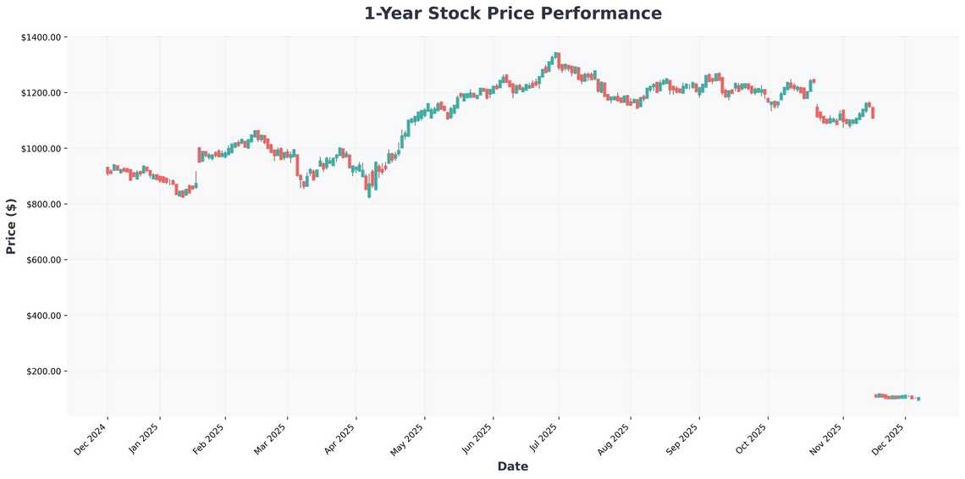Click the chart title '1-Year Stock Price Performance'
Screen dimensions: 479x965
click(x=513, y=14)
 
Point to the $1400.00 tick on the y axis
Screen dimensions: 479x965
click(x=41, y=37)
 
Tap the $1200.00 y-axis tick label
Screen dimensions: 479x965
click(x=41, y=93)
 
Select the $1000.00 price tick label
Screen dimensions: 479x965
click(x=41, y=149)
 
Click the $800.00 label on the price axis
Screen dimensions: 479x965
click(x=43, y=205)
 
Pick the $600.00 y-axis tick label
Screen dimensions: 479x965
click(x=43, y=260)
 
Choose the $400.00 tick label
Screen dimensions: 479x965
click(x=43, y=316)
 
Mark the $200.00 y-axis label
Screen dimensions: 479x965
click(x=43, y=372)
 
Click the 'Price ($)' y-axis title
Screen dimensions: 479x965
click(x=11, y=226)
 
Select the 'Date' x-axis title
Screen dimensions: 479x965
click(x=513, y=466)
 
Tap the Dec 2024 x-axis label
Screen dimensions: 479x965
click(x=91, y=439)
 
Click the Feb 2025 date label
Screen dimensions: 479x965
click(x=210, y=439)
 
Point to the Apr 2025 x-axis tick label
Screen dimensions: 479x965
click(x=340, y=439)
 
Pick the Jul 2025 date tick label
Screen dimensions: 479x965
click(x=543, y=439)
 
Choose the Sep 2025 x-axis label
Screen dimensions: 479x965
click(x=683, y=439)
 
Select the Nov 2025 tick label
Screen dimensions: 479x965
click(x=826, y=439)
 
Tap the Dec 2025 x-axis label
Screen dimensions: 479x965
click(x=889, y=439)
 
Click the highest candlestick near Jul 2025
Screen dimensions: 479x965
click(x=556, y=58)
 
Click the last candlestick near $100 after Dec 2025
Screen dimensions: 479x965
click(x=918, y=399)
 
